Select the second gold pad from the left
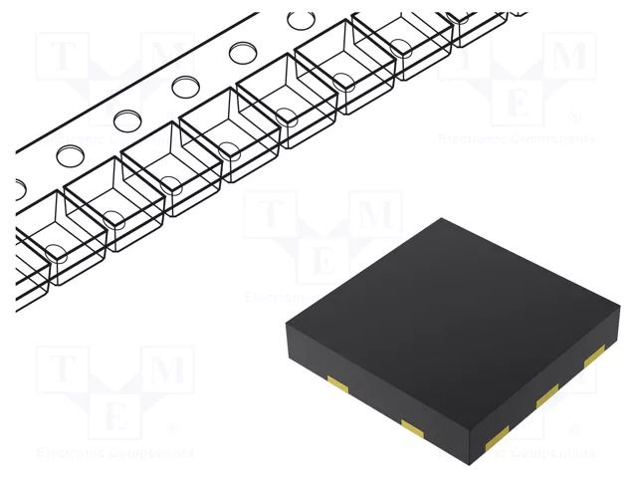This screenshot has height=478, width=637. point(411,427)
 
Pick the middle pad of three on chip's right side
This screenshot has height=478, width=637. point(546,397)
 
